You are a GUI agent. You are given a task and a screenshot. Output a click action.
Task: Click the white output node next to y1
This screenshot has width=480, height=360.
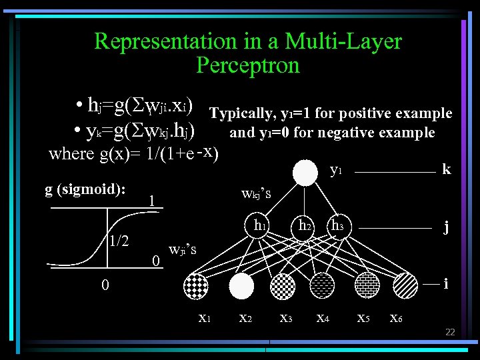306,173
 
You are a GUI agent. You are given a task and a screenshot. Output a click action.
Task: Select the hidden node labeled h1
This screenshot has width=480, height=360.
257,227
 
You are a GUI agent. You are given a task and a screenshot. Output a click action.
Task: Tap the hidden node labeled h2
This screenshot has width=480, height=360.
305,227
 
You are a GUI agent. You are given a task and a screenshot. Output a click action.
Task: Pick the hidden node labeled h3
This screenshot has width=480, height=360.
338,227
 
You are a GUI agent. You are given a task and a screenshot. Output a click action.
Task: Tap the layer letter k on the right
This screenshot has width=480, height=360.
446,169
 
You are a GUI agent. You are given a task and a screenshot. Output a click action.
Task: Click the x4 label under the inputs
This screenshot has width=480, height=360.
323,318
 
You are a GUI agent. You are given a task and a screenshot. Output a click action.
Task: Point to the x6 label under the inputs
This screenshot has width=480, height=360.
395,318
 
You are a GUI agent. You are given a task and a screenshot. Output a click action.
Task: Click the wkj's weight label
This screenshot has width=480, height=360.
256,195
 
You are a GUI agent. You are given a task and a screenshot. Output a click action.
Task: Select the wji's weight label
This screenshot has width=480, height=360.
183,251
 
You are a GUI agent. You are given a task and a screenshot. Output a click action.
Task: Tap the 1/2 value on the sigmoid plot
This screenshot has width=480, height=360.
119,241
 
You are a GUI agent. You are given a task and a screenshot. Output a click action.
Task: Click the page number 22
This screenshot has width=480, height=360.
450,332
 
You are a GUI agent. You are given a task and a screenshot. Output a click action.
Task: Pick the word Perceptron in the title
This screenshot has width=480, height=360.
248,66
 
